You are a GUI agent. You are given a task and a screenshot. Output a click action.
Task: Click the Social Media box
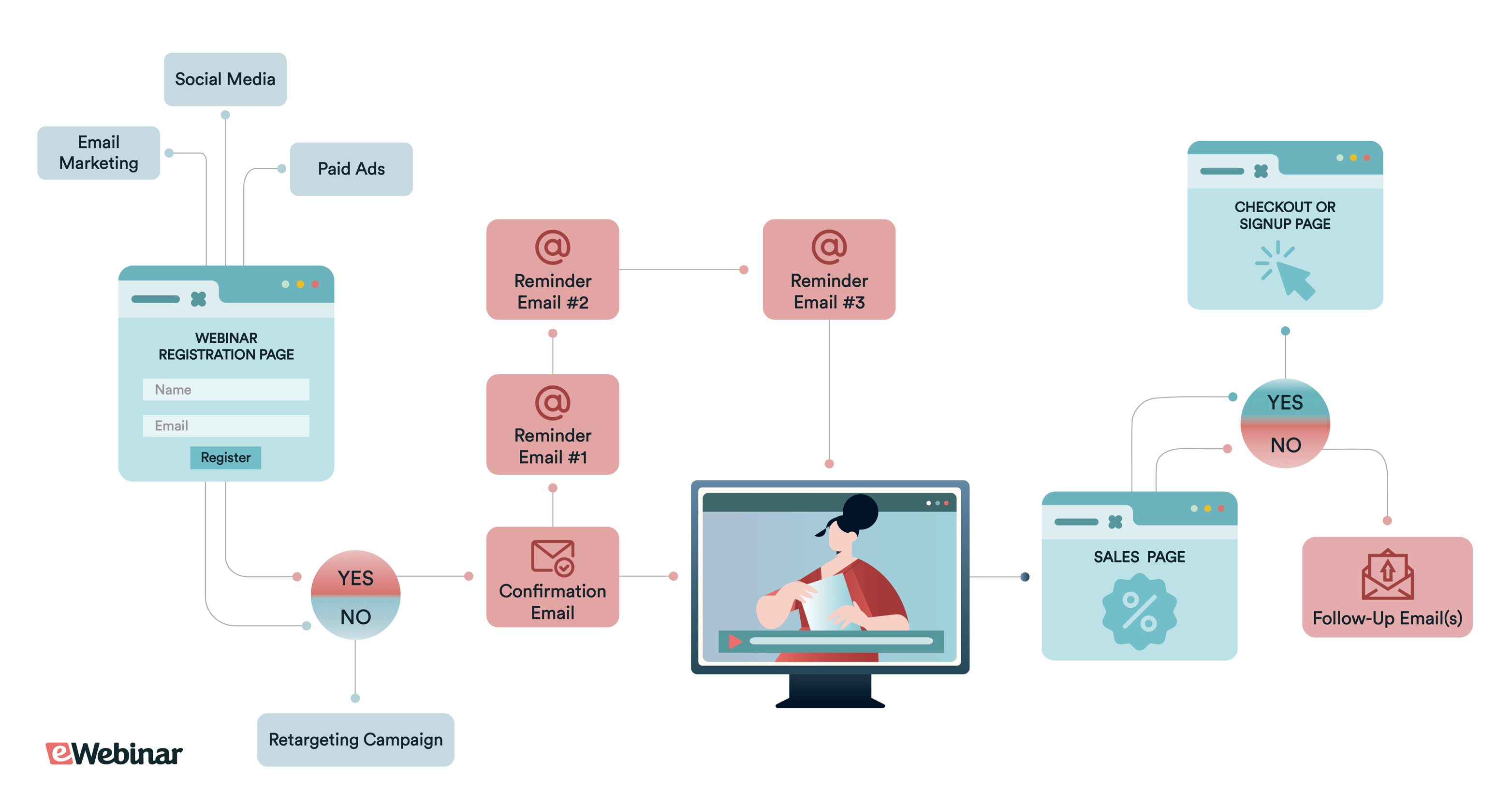pyautogui.click(x=225, y=79)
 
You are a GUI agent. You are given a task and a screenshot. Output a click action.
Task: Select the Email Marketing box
pyautogui.click(x=99, y=152)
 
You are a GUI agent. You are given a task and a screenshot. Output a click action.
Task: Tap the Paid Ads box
pyautogui.click(x=351, y=169)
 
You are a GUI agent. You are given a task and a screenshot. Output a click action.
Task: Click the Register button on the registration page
pyautogui.click(x=225, y=457)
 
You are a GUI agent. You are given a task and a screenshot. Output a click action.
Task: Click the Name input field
pyautogui.click(x=226, y=390)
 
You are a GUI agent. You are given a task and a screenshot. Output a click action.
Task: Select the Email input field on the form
pyautogui.click(x=226, y=426)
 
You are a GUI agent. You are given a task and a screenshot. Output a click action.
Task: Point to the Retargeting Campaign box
pyautogui.click(x=355, y=739)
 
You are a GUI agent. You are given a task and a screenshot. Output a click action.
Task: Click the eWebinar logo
pyautogui.click(x=115, y=753)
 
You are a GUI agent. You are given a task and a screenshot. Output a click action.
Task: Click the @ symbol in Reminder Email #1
pyautogui.click(x=552, y=403)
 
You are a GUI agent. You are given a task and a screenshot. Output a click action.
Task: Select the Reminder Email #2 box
pyautogui.click(x=552, y=270)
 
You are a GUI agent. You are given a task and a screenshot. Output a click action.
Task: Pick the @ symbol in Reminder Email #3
pyautogui.click(x=828, y=247)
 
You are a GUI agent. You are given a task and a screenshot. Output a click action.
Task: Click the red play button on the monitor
pyautogui.click(x=734, y=641)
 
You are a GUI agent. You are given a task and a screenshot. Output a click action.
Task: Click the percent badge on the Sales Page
pyautogui.click(x=1139, y=612)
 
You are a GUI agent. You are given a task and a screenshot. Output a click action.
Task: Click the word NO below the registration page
pyautogui.click(x=355, y=617)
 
